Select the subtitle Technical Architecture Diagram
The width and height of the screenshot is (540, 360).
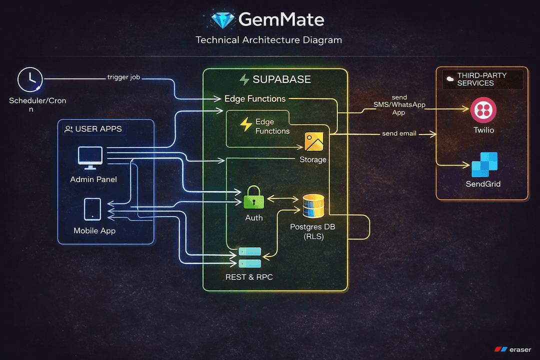point(269,40)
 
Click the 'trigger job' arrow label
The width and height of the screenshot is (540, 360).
point(124,77)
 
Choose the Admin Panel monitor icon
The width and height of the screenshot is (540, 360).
point(90,158)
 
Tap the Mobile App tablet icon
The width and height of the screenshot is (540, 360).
point(92,209)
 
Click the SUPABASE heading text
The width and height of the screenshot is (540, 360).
point(281,79)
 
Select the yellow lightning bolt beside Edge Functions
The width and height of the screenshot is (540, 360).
point(246,124)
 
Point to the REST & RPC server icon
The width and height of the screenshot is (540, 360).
point(249,257)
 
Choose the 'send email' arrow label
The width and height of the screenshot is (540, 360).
point(399,133)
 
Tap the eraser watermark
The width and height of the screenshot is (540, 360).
point(513,349)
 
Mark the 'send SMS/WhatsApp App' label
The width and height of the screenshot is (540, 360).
point(391,105)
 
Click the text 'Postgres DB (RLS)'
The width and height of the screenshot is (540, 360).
point(313,231)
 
